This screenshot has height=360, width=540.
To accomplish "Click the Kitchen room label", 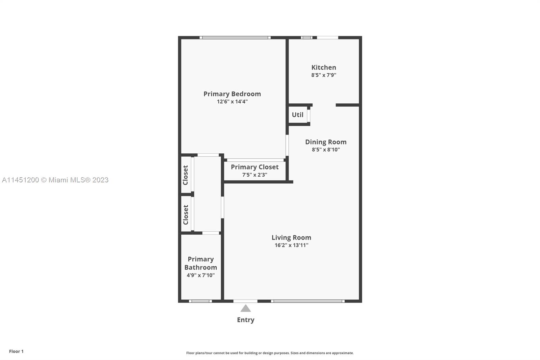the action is coord(324,67).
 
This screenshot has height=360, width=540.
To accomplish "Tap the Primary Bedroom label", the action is coord(232,94).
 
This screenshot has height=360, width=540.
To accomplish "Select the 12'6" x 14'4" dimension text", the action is coord(232,102).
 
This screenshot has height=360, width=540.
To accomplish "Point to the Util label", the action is coord(297,114).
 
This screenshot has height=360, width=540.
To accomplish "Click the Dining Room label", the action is coord(326,142).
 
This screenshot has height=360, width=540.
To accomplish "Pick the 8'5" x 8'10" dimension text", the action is coord(326,150).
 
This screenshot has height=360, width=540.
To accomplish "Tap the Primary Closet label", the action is coord(254,167).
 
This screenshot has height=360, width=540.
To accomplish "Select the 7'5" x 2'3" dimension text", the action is coord(254,175).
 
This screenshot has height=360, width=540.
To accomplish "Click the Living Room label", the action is coord(291,238).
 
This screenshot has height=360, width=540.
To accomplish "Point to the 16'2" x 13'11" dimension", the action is coord(291,246).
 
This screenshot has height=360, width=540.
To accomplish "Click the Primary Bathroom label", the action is coord(200,263).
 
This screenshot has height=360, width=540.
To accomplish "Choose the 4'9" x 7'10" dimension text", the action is coord(200,275).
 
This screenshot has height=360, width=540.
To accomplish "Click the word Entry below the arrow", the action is coord(245,320).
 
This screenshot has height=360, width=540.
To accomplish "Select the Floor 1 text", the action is coord(16,351).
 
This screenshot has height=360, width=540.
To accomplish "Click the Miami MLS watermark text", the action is coord(55,180).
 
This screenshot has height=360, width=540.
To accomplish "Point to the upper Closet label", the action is coord(185,175).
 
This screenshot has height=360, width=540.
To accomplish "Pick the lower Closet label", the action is coord(185,215).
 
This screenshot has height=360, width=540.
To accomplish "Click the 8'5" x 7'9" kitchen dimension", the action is coord(324,75).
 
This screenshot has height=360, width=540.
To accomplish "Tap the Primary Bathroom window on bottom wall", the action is coord(200,301).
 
